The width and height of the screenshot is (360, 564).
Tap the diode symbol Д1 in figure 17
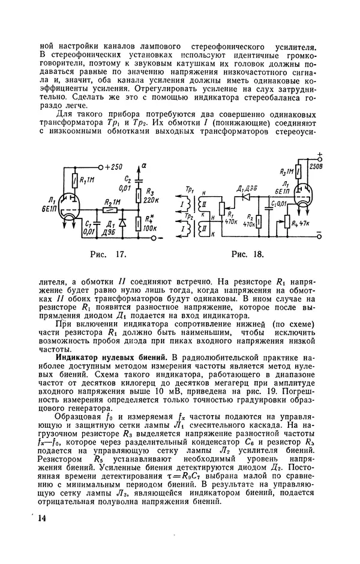[122, 221]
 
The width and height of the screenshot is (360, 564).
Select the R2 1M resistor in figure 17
[109, 210]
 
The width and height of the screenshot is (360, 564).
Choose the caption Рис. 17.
[107, 254]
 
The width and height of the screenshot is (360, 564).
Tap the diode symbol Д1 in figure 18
[245, 196]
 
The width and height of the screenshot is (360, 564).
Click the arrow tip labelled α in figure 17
[140, 164]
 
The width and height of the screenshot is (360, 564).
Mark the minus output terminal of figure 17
[160, 239]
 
